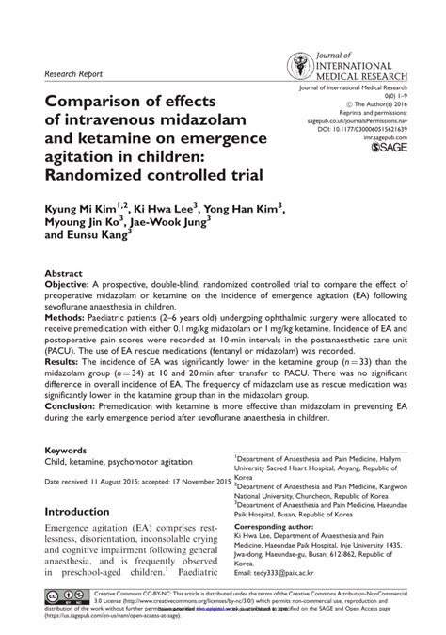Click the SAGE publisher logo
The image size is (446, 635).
pos(389,147)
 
